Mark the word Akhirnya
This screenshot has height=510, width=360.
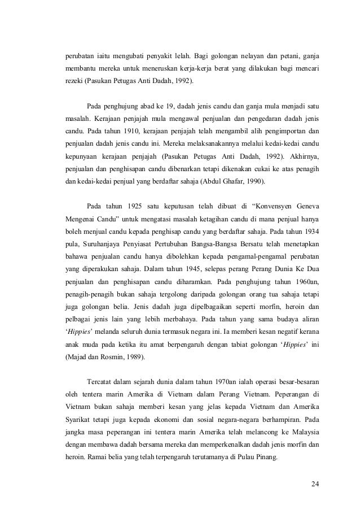coord(304,156)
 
